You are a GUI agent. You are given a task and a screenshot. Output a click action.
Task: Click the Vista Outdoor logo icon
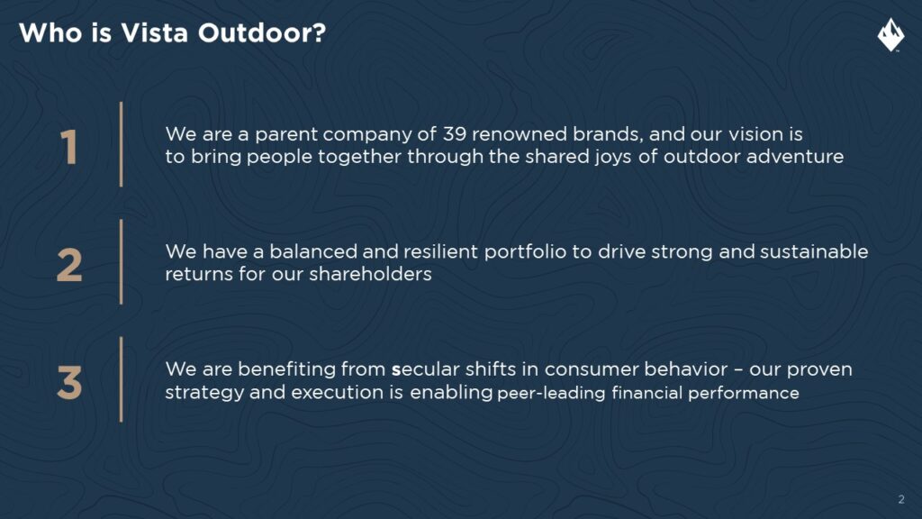(x=890, y=35)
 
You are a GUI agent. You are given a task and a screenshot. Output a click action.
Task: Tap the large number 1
(x=68, y=147)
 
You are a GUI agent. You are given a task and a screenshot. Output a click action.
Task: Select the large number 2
(x=69, y=265)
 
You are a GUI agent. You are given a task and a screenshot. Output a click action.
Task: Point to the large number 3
(x=69, y=382)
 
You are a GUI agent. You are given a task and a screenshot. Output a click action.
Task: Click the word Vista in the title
(x=155, y=33)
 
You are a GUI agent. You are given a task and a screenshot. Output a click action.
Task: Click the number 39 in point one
(x=455, y=134)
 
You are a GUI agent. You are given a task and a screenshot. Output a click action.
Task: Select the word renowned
(x=520, y=134)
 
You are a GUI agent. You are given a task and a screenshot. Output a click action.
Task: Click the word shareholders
(x=370, y=274)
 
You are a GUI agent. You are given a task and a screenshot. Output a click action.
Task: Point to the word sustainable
(x=814, y=252)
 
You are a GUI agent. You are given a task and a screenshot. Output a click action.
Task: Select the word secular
(x=426, y=369)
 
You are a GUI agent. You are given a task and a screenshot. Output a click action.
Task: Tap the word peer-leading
(x=551, y=393)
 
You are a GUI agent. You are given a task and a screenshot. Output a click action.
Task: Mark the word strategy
(x=204, y=393)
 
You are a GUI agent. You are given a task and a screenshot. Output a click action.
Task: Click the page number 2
(x=901, y=499)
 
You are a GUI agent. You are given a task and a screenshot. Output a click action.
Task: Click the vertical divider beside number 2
(x=122, y=262)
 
